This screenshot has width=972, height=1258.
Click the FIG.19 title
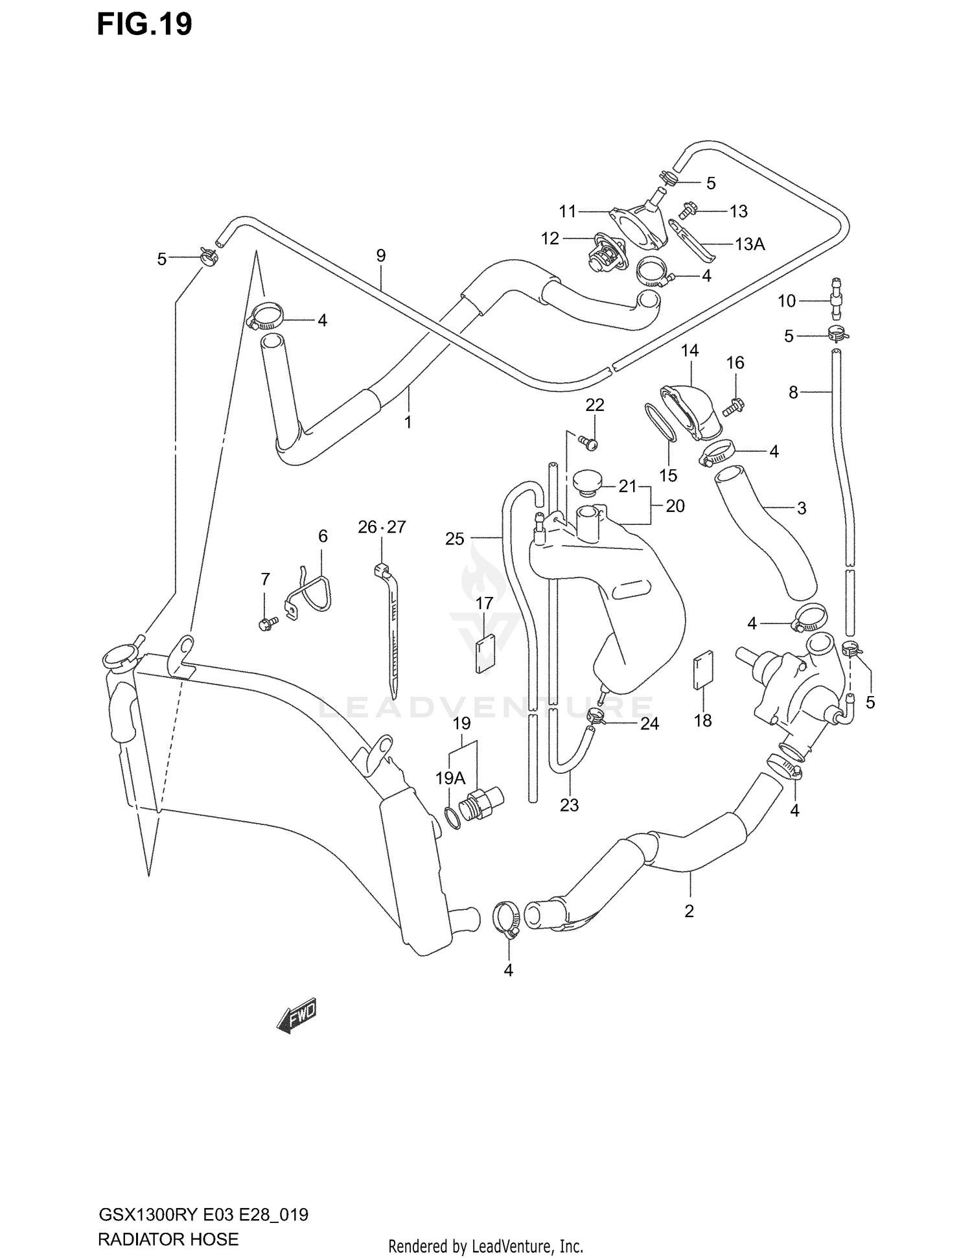point(145,25)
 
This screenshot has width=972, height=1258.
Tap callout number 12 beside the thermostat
point(550,239)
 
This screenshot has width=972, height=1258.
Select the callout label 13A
point(750,244)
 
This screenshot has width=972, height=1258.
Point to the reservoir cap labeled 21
point(587,482)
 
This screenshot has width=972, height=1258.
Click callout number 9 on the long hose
point(380,255)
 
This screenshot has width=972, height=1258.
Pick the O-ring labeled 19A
point(454,819)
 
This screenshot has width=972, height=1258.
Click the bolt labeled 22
point(589,443)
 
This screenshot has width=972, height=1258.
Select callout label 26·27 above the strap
point(382,527)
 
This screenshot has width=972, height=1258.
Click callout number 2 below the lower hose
point(689,911)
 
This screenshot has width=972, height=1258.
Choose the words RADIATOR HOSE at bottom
point(168,1239)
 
